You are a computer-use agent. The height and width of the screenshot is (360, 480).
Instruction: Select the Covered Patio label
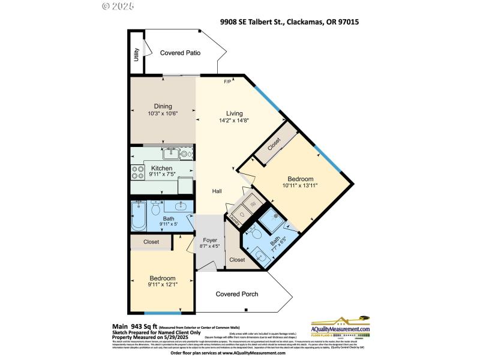(180, 53)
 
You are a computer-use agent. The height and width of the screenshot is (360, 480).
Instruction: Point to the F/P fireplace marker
(227, 82)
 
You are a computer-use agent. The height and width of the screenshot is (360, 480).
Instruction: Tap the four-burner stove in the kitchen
(135, 172)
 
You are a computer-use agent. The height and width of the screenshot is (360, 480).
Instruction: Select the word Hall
(217, 191)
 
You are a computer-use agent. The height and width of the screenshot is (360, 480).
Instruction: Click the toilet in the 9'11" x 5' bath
(155, 209)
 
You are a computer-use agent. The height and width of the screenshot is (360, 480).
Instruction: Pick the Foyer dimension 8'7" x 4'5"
(209, 246)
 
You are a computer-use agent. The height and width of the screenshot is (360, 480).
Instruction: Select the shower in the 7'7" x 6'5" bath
(275, 217)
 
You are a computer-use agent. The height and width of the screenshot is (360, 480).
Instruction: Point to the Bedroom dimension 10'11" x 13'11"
(299, 186)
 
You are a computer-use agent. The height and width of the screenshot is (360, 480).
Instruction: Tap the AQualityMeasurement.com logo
(340, 329)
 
